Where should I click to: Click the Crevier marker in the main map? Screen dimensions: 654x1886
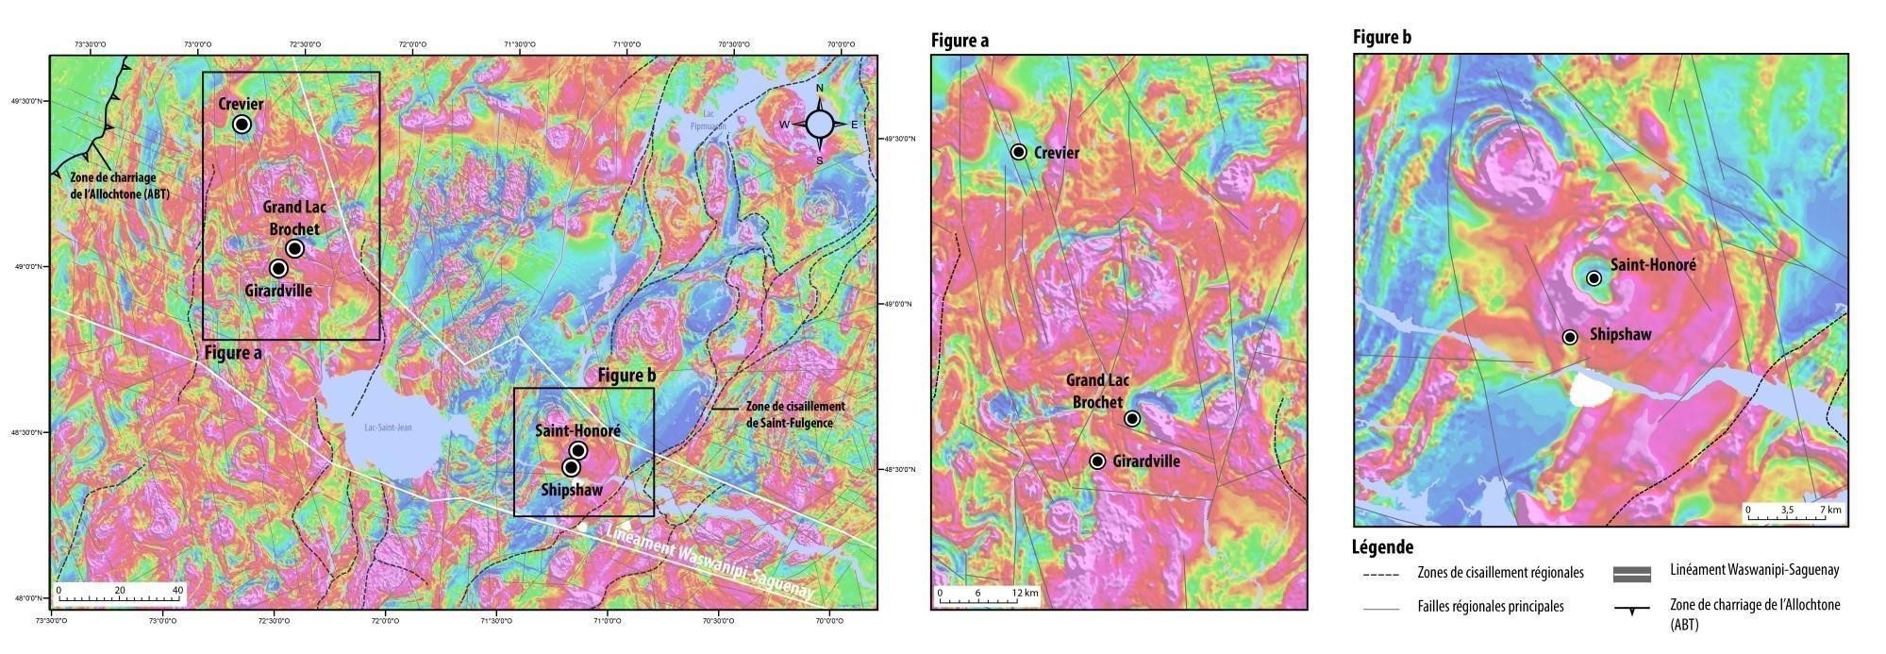coord(242,125)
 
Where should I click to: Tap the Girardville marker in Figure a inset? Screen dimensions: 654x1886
coord(1097,461)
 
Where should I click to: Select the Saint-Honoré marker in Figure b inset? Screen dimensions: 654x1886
coord(1594,278)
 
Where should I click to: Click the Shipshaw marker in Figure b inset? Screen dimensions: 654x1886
coord(1570,337)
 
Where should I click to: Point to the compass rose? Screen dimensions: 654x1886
coord(820,124)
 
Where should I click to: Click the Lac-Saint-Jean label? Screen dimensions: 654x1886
coord(388,428)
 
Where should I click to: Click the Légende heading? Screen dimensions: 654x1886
coord(1382,547)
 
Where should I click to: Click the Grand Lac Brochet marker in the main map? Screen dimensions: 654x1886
coord(294,248)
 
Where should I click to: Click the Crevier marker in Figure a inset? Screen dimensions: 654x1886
coord(1018,152)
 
